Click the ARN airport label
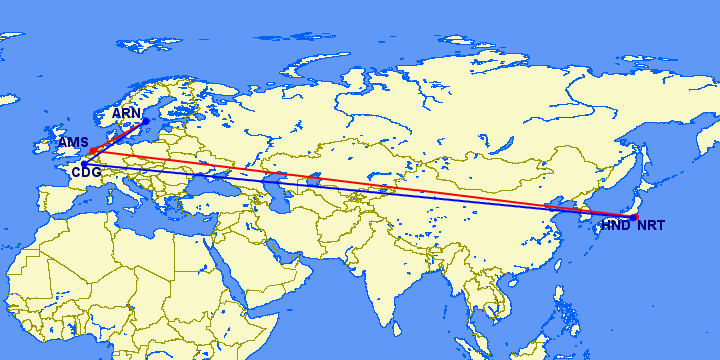point(126,113)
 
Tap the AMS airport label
point(72,143)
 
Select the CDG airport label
point(86,172)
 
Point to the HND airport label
point(615,226)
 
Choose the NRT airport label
point(650,226)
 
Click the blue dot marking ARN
point(146,122)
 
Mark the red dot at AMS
point(92,151)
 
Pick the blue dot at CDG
point(84,163)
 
